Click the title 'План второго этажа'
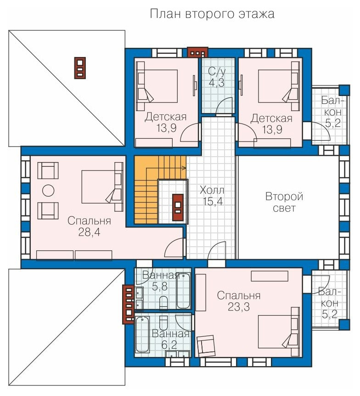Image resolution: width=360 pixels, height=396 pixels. click(212, 14)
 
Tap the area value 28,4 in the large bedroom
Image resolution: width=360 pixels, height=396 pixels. click(89, 232)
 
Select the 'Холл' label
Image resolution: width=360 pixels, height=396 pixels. click(212, 190)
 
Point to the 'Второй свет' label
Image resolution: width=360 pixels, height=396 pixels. click(284, 202)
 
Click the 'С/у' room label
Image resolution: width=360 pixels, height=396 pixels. click(217, 72)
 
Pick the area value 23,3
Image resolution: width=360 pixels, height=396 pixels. click(239, 306)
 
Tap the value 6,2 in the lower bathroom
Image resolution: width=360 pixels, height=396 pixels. click(169, 345)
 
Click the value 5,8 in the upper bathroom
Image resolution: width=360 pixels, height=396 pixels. click(160, 286)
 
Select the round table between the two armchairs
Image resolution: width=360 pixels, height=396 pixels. click(48, 191)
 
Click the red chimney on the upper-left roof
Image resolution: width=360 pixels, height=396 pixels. click(80, 68)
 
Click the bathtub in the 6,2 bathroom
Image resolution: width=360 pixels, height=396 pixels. click(142, 334)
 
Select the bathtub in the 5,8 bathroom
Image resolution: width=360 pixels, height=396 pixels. click(183, 291)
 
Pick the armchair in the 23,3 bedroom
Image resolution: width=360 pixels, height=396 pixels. click(206, 346)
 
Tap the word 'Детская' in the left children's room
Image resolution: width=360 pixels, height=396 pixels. click(166, 117)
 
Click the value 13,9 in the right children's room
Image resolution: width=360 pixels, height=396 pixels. click(272, 130)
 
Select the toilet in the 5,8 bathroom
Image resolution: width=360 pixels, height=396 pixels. click(163, 303)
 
